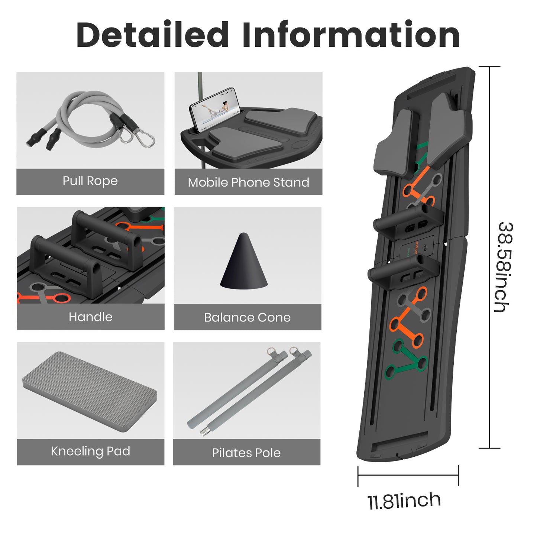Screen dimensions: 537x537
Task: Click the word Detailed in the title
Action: (152, 35)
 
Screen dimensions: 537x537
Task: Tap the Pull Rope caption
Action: (90, 181)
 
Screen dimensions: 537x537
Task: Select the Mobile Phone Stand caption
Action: (248, 182)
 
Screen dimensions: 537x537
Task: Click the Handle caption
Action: (90, 317)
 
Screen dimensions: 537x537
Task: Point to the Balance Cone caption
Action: (247, 317)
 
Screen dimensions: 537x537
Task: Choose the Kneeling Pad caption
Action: (90, 451)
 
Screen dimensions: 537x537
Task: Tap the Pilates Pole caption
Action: (246, 453)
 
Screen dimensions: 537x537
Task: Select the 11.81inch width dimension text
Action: (404, 501)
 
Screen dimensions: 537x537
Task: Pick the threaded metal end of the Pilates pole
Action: (204, 431)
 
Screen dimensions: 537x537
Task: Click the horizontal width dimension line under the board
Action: (408, 475)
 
